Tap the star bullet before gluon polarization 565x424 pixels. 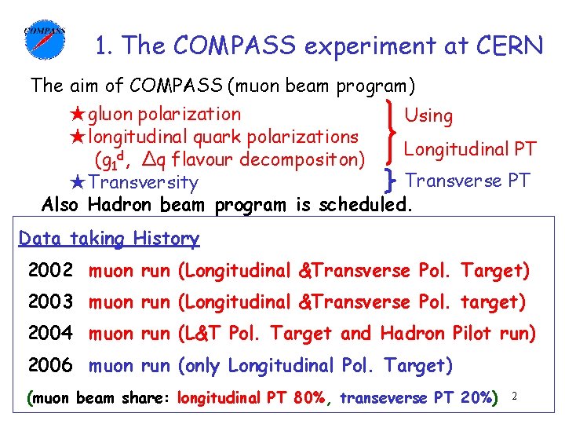tap(77, 115)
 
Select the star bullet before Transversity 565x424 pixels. tap(77, 183)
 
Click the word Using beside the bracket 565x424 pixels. tap(428, 116)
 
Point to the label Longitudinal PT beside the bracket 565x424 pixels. tap(469, 148)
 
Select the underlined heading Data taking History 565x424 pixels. tap(109, 238)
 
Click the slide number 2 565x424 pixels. tap(514, 397)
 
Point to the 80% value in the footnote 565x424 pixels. tap(309, 398)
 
